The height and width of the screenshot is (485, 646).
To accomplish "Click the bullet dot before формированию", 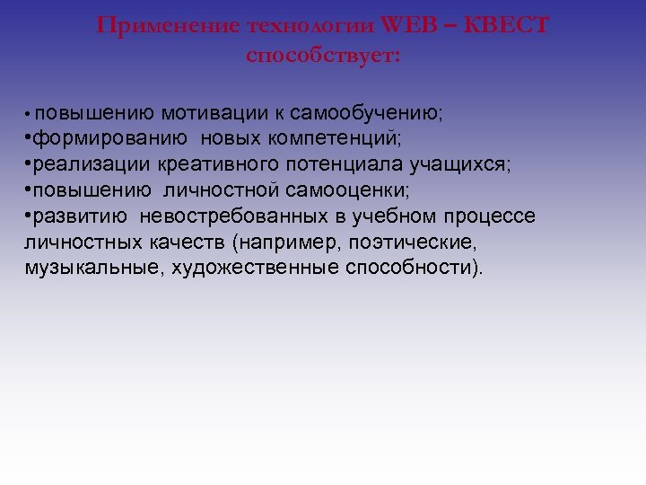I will point(29,139).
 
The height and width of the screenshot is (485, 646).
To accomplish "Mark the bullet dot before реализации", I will point(29,165).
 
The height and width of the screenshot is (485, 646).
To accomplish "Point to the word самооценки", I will point(336,191).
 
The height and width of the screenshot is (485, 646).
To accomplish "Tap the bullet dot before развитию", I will point(29,217).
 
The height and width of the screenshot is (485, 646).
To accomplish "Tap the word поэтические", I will point(422,243).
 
